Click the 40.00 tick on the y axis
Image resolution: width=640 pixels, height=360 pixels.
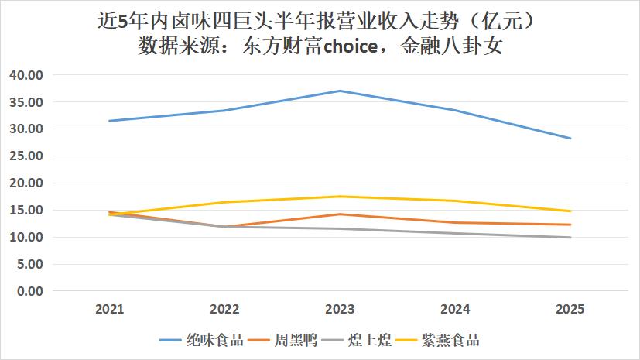[x=26, y=75]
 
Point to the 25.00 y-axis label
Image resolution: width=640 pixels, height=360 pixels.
[x=26, y=156]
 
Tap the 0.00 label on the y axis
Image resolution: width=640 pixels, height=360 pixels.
[x=29, y=291]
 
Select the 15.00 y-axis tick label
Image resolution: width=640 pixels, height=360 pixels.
[x=26, y=211]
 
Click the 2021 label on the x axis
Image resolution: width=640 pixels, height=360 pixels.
[x=110, y=309]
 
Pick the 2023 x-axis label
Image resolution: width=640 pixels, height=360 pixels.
[x=340, y=309]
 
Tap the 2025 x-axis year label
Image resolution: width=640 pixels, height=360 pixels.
[x=570, y=309]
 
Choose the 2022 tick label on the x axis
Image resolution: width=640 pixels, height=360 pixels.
[x=225, y=309]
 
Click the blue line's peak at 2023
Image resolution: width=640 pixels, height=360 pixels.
[x=340, y=91]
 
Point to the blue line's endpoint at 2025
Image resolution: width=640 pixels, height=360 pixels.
[x=570, y=139]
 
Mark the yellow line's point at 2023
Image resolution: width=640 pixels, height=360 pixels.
[x=340, y=196]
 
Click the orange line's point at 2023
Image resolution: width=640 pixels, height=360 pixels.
[x=340, y=214]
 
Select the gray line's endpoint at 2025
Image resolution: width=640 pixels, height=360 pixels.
[x=570, y=238]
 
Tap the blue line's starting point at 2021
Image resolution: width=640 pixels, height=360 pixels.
[x=110, y=121]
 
